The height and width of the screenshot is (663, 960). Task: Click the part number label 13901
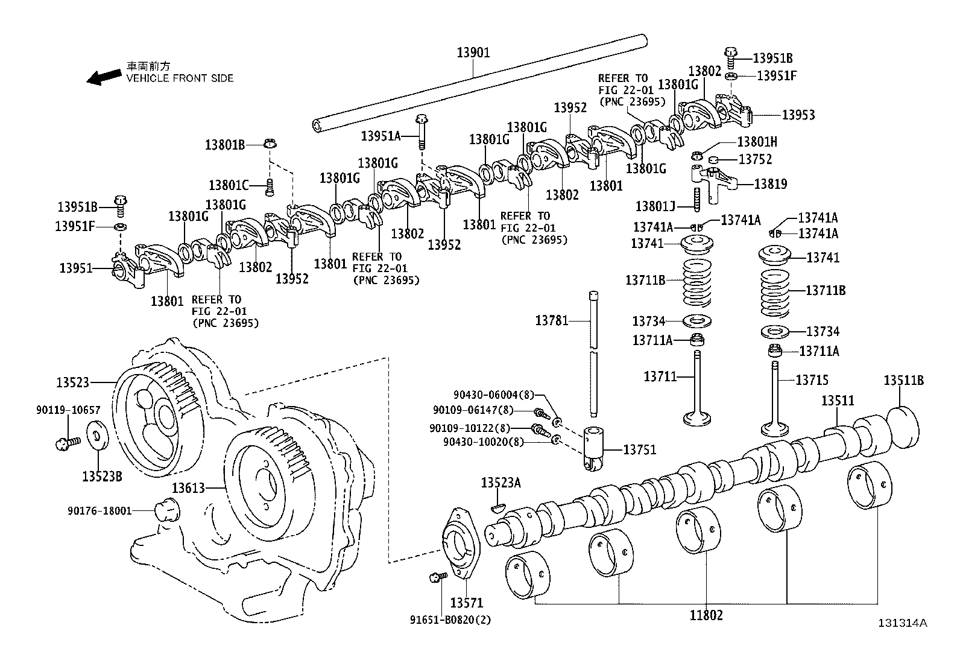click(473, 52)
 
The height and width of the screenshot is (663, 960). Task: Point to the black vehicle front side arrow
click(103, 77)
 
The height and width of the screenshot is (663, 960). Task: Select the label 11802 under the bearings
click(706, 615)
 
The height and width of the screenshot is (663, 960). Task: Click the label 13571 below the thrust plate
click(466, 603)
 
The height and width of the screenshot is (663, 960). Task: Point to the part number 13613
click(189, 488)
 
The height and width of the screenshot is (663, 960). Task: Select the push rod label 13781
click(552, 320)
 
